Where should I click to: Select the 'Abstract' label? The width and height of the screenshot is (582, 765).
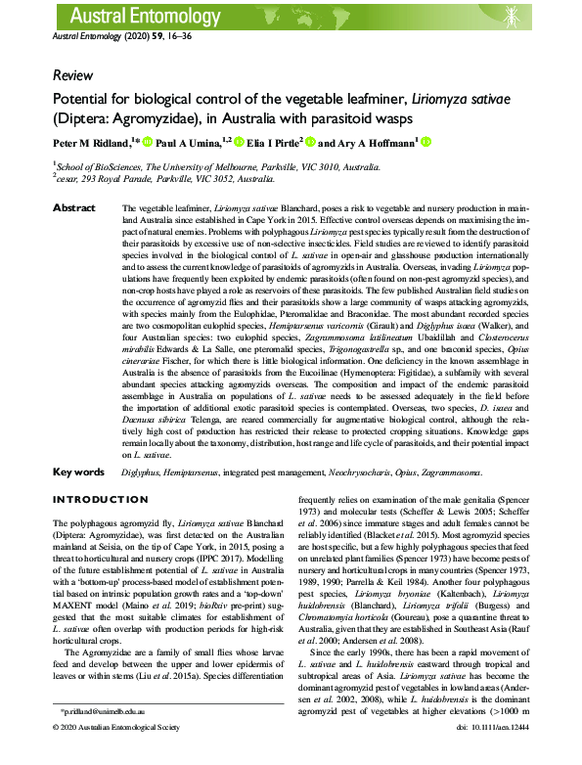coord(73,208)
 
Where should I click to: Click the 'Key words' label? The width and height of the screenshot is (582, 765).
coord(77,472)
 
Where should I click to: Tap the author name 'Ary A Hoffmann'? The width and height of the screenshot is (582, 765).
coord(376,143)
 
